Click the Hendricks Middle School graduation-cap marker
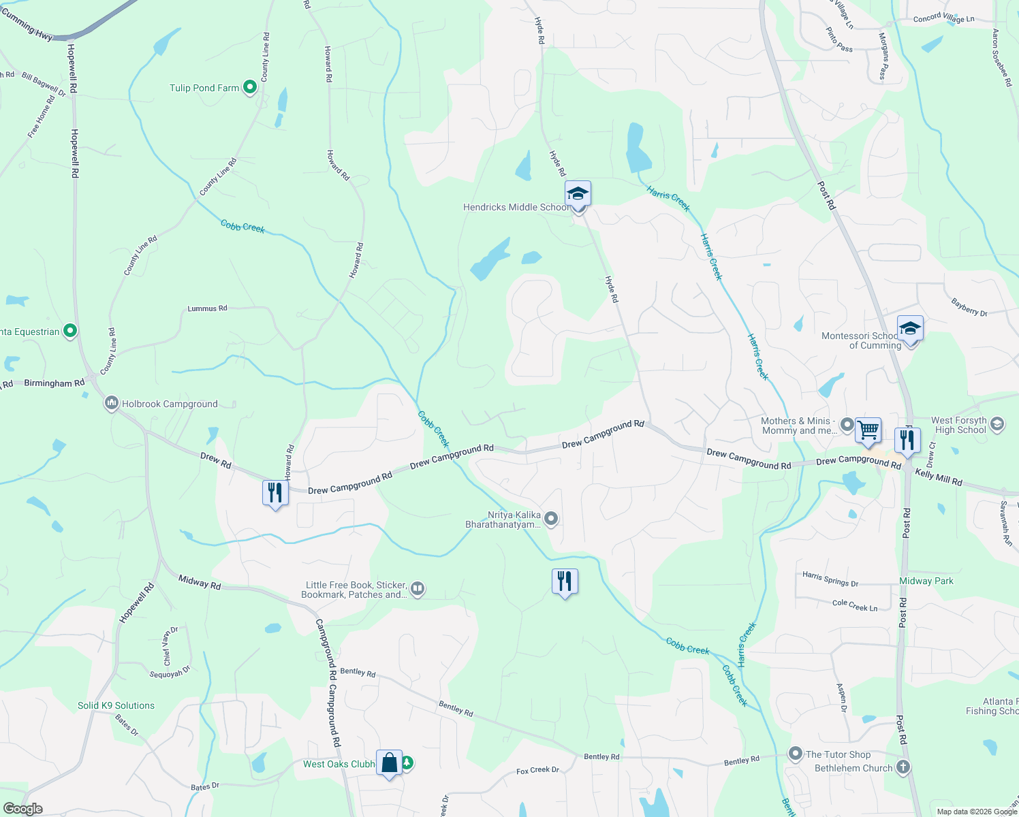pyautogui.click(x=578, y=194)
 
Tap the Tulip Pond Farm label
pyautogui.click(x=204, y=88)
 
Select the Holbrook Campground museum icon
pyautogui.click(x=111, y=404)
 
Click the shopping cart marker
pyautogui.click(x=868, y=430)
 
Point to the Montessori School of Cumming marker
pyautogui.click(x=910, y=330)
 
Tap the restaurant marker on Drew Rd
pyautogui.click(x=275, y=492)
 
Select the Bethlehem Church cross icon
pyautogui.click(x=903, y=768)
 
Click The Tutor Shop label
pyautogui.click(x=838, y=754)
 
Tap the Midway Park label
pyautogui.click(x=926, y=581)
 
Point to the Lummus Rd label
pyautogui.click(x=207, y=308)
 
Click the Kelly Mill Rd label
pyautogui.click(x=939, y=477)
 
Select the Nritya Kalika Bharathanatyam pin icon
pyautogui.click(x=552, y=519)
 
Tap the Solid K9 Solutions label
pyautogui.click(x=116, y=705)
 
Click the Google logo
pyautogui.click(x=22, y=808)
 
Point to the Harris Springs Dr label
pyautogui.click(x=830, y=579)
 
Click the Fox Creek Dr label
pyautogui.click(x=537, y=770)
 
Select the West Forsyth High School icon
pyautogui.click(x=997, y=425)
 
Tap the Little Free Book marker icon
pyautogui.click(x=418, y=589)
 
